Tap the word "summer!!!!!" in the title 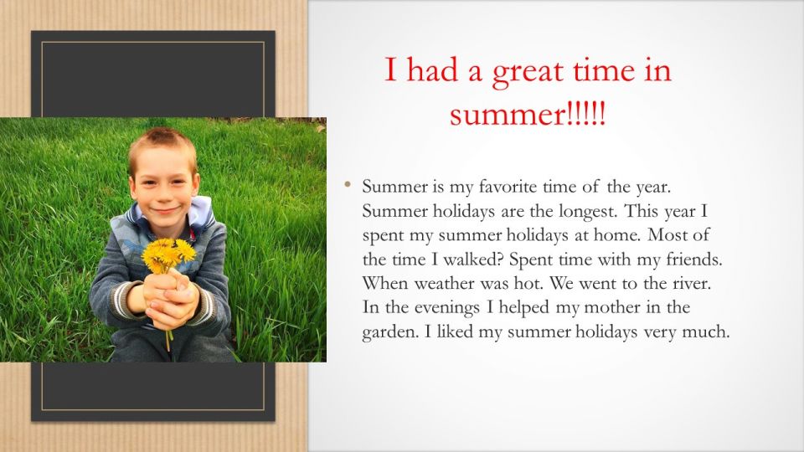click(527, 113)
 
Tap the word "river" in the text click(691, 283)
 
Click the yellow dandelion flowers click(167, 252)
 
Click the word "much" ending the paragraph click(709, 332)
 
